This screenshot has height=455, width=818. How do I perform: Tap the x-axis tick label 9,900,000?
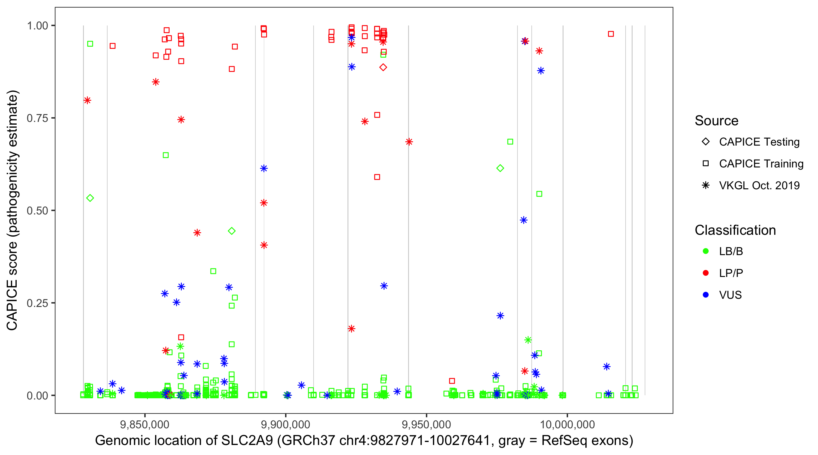(x=285, y=424)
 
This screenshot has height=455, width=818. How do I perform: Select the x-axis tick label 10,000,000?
(x=567, y=424)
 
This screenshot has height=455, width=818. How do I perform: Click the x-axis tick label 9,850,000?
(x=145, y=424)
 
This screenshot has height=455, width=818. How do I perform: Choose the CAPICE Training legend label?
(x=761, y=163)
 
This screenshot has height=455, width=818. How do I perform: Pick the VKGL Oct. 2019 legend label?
(x=759, y=185)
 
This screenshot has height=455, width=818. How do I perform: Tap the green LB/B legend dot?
(x=706, y=251)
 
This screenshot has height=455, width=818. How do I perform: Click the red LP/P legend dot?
(x=706, y=273)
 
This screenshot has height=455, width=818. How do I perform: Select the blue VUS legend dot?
(x=706, y=295)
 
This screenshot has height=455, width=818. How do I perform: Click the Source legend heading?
(x=717, y=121)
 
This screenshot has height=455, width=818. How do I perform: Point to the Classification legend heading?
(x=735, y=230)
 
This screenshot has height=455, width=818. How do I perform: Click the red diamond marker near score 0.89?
(x=383, y=67)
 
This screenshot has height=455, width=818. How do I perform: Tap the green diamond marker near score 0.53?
(x=90, y=198)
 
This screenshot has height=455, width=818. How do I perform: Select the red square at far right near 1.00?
(x=611, y=34)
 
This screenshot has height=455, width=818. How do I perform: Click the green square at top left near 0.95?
(x=90, y=44)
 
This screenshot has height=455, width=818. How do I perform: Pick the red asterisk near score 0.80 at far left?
(x=87, y=100)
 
